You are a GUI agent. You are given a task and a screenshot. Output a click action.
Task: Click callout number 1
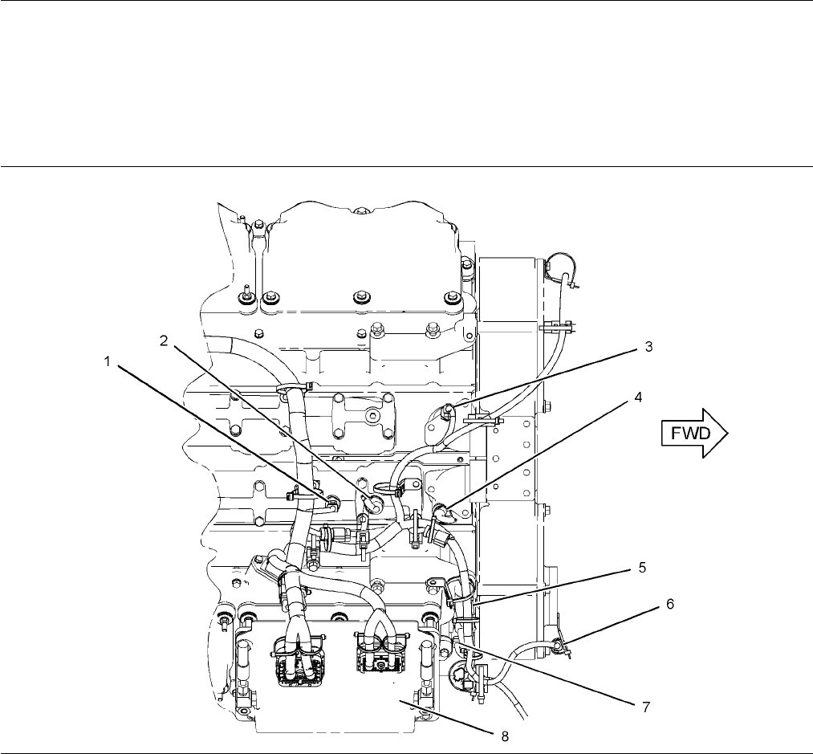point(108,361)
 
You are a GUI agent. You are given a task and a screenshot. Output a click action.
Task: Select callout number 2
point(164,341)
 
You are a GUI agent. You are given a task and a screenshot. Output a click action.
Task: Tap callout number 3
point(648,347)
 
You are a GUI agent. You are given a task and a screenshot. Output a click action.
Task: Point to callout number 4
point(638,397)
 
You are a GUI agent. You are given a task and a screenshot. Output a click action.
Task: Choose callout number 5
point(642,568)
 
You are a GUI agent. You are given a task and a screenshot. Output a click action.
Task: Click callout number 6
point(670,604)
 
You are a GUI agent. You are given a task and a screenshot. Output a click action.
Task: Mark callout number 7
point(646,707)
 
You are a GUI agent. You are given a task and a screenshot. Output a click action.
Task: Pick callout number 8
point(505,736)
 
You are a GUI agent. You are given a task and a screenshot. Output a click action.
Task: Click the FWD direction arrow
point(695,434)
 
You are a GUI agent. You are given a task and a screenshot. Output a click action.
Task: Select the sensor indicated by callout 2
point(372,503)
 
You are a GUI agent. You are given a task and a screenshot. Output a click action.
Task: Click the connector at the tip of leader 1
point(332,502)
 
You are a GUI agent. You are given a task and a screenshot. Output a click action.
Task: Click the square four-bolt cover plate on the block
point(363,423)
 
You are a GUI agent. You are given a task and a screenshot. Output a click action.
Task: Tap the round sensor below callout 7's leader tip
point(457,675)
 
